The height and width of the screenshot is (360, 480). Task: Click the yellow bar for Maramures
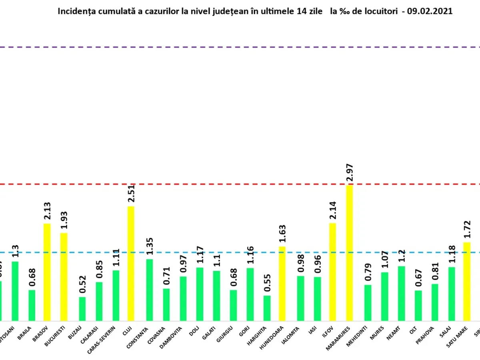point(350,253)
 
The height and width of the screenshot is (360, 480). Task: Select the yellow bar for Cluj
point(131,264)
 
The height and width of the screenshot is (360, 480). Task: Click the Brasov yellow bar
point(47,272)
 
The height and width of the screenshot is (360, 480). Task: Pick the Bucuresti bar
point(64,277)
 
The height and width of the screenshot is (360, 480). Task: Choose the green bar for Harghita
point(267,308)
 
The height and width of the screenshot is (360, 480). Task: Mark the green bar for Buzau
point(82,309)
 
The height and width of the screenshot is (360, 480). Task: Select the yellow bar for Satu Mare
point(466,281)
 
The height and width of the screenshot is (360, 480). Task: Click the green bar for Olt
point(418,306)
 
